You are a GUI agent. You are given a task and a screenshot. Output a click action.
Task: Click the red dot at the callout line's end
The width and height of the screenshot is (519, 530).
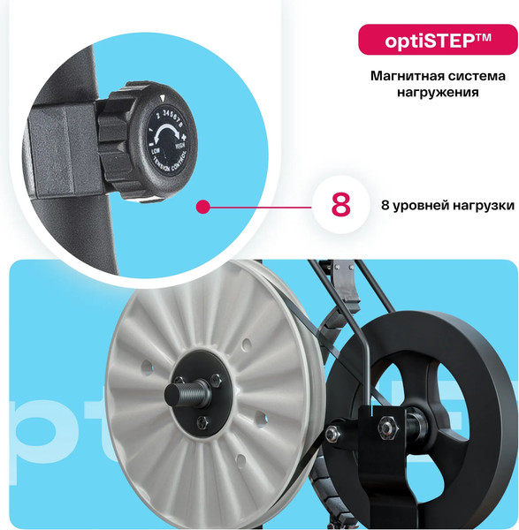202,207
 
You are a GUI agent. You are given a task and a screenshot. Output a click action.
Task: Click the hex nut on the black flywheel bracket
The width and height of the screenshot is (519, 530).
386,427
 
